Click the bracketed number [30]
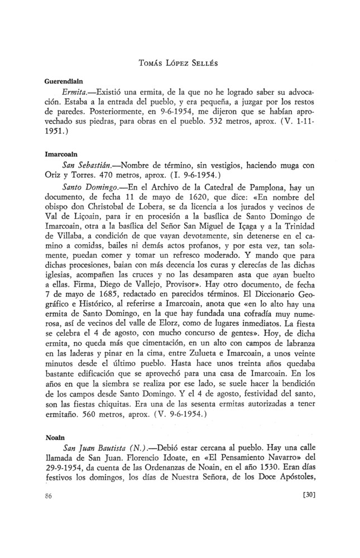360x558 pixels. [309, 494]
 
